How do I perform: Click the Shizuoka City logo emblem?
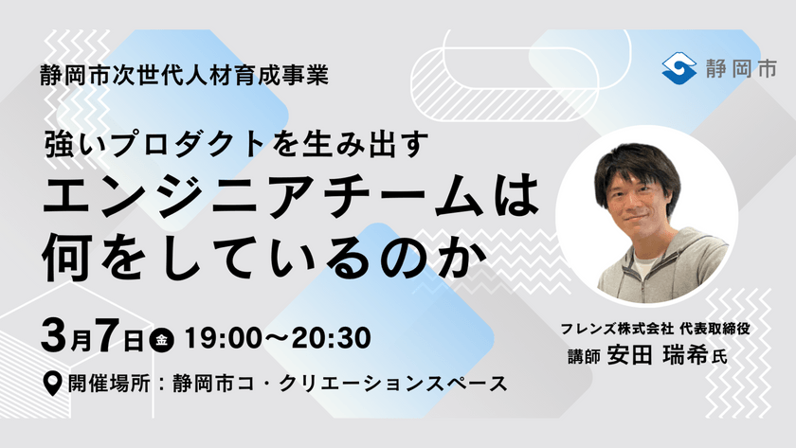(x=679, y=68)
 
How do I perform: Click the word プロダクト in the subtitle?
(x=176, y=143)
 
